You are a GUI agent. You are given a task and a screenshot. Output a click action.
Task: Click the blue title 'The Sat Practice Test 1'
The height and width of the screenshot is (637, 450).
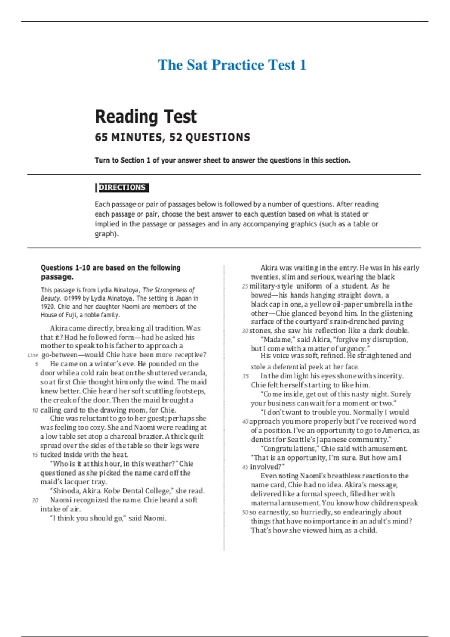(x=232, y=65)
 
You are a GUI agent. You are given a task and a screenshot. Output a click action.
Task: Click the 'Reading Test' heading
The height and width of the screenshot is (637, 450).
(x=145, y=117)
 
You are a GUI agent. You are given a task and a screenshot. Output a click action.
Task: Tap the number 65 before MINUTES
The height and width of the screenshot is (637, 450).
(x=101, y=138)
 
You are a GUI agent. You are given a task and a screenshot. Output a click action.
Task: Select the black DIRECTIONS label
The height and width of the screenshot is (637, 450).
(x=122, y=187)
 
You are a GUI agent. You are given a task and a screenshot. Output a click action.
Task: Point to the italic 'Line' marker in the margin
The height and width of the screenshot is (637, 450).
(x=33, y=355)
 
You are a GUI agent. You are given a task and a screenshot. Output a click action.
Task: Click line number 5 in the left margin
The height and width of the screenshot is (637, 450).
(x=36, y=364)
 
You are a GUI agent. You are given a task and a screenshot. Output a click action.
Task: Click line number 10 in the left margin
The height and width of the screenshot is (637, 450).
(x=35, y=410)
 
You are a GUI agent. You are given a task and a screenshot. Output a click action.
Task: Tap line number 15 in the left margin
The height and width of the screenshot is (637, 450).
(x=35, y=455)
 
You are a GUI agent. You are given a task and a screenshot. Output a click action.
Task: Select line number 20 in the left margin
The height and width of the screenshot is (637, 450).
(x=35, y=500)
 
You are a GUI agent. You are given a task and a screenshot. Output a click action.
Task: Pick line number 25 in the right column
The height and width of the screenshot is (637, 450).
(x=245, y=286)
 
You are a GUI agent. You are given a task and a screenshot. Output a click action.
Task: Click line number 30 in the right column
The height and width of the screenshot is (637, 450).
(x=245, y=331)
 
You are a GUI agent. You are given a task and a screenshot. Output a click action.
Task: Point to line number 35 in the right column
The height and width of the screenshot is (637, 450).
(x=246, y=376)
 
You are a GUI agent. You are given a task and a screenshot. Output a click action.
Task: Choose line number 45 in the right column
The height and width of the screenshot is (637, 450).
(x=246, y=467)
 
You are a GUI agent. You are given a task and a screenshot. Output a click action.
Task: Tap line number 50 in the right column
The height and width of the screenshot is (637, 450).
(x=245, y=513)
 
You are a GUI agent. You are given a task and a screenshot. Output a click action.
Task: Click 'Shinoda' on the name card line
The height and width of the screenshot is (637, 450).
(x=66, y=491)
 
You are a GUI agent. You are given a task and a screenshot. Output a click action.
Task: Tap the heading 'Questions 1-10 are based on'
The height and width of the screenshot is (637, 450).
(x=110, y=268)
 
